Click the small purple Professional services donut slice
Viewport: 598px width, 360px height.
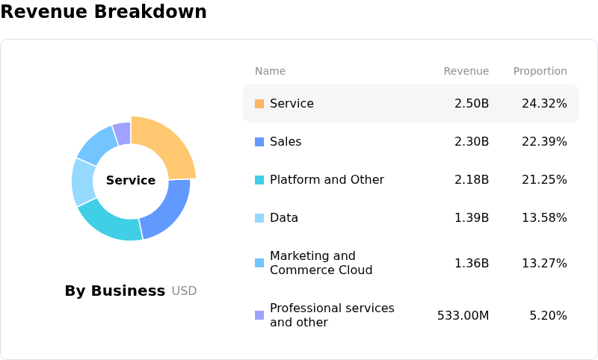122,133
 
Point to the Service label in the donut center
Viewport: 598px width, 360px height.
131,180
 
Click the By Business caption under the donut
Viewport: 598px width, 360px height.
114,291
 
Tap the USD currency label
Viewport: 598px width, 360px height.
184,291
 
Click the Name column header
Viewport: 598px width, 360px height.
270,71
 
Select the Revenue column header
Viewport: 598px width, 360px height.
466,71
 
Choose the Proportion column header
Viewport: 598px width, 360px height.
540,71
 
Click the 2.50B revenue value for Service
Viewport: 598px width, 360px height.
471,103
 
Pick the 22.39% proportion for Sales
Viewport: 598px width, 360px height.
544,141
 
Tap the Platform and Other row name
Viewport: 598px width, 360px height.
327,179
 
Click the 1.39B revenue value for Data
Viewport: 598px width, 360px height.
471,217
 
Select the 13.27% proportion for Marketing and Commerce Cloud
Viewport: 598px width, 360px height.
544,263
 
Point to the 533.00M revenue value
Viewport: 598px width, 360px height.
463,315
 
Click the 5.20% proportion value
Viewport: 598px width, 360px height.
548,315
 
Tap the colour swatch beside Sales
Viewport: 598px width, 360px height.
259,141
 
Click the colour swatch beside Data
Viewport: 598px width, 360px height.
259,218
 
